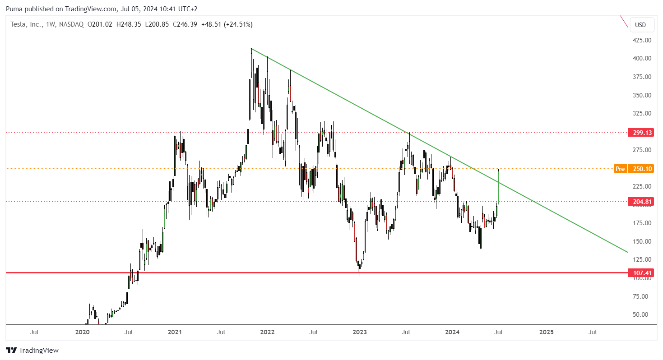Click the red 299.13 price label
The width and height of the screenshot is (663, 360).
point(641,133)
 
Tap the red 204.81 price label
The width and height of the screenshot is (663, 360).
point(641,202)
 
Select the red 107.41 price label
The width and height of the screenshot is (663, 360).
point(641,273)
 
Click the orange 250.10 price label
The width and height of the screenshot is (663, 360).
point(641,169)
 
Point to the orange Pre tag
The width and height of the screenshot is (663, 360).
point(620,169)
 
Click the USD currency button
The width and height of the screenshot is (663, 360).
point(640,25)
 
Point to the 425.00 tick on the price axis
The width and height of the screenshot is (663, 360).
point(642,40)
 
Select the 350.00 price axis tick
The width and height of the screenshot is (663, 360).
point(642,95)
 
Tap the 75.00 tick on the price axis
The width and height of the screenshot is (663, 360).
point(640,296)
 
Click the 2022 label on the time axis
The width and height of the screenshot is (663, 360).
point(267,332)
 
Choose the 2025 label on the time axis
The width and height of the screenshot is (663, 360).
point(547,332)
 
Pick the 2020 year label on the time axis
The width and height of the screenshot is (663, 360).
point(82,332)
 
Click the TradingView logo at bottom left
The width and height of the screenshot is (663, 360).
point(32,351)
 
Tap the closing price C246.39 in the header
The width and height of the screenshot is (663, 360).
point(185,24)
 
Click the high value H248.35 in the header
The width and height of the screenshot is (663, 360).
point(129,24)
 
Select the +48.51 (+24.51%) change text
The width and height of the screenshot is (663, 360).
point(227,24)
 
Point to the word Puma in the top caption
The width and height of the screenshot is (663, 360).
point(14,9)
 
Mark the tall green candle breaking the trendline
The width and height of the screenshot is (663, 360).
point(498,187)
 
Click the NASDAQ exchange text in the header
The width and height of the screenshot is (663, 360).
point(71,24)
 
